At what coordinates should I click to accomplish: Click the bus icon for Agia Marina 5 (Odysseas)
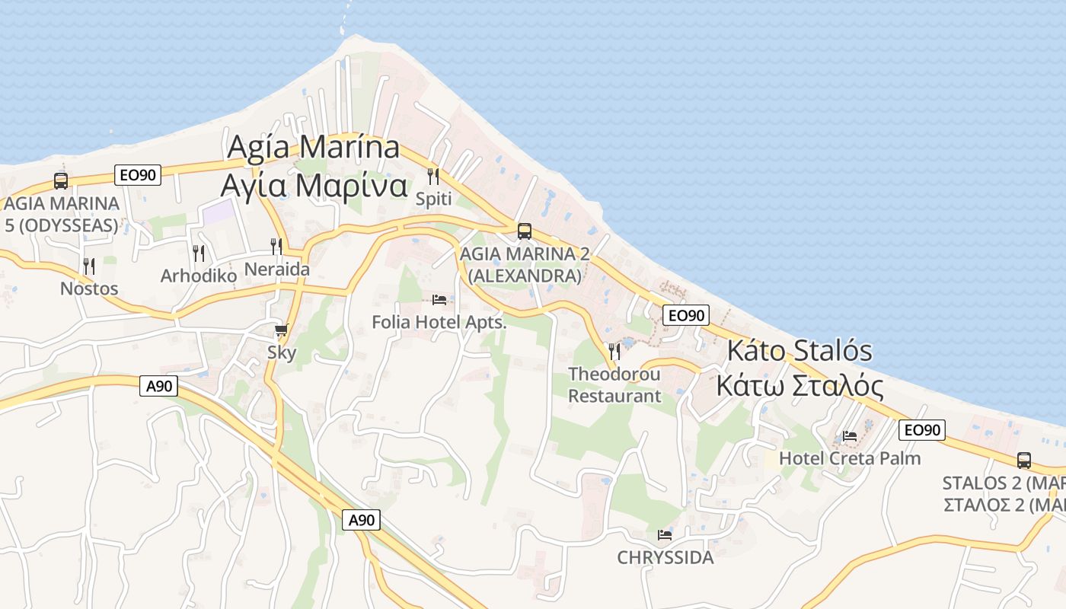tap(61, 181)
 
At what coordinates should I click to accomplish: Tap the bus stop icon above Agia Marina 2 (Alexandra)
tap(524, 231)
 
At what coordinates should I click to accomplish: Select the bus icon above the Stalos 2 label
tap(1024, 460)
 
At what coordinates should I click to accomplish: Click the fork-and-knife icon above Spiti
tap(433, 177)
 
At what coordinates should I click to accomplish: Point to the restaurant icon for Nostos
tap(89, 266)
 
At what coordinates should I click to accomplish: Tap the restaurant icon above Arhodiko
tap(199, 253)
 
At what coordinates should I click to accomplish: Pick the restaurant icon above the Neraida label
tap(276, 246)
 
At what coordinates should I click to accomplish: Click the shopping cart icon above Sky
tap(281, 330)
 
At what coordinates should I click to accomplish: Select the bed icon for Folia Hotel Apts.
tap(439, 299)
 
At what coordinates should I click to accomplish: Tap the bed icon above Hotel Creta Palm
tap(850, 435)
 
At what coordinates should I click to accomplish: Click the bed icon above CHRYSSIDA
tap(665, 534)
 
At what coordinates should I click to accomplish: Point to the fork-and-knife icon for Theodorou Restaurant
tap(614, 351)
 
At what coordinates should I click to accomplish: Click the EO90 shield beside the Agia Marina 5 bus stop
tap(138, 175)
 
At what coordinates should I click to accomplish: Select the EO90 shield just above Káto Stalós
tap(685, 314)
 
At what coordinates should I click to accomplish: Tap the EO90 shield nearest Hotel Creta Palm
tap(921, 430)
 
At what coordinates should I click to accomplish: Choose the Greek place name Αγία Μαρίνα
tap(314, 185)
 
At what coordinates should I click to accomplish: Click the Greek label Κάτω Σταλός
tap(799, 386)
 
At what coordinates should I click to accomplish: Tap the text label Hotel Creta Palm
tap(850, 458)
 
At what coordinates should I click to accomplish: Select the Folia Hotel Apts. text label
tap(439, 322)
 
